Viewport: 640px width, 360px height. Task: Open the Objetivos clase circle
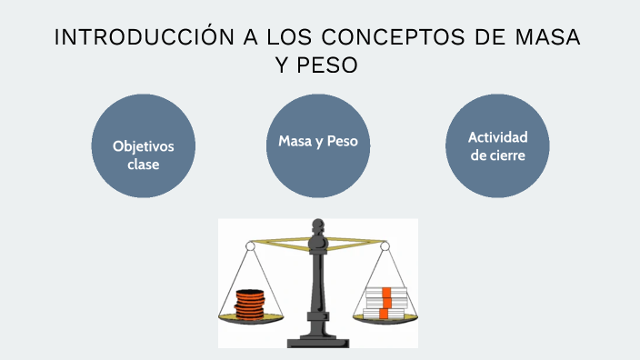pyautogui.click(x=144, y=146)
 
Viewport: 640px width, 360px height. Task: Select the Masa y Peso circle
pyautogui.click(x=318, y=146)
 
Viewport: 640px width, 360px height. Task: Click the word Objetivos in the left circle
pyautogui.click(x=144, y=146)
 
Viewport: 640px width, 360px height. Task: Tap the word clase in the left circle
pyautogui.click(x=144, y=165)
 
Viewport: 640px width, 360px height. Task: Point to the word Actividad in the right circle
pyautogui.click(x=497, y=137)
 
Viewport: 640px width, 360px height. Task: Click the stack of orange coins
pyautogui.click(x=247, y=304)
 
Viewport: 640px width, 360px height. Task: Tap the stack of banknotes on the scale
pyautogui.click(x=385, y=304)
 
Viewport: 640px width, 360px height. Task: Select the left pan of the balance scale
pyautogui.click(x=249, y=317)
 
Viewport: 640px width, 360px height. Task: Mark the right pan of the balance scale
pyautogui.click(x=385, y=317)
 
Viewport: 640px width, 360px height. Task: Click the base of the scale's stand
pyautogui.click(x=318, y=342)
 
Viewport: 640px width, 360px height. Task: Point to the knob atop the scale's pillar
pyautogui.click(x=318, y=223)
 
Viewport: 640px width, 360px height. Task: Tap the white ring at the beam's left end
pyautogui.click(x=251, y=245)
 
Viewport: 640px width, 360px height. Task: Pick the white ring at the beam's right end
pyautogui.click(x=385, y=245)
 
